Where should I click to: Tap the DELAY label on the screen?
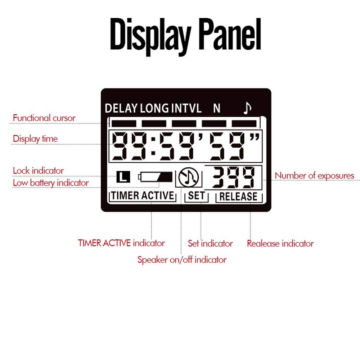(121, 108)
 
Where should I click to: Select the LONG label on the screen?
(154, 108)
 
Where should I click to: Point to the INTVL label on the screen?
(186, 108)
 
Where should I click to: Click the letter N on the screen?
(216, 108)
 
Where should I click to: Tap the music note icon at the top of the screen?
(247, 108)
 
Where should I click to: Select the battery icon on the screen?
(156, 176)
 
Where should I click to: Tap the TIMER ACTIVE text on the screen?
(142, 196)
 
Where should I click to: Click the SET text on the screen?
(196, 196)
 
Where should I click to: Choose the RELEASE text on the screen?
(238, 197)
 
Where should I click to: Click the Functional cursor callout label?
(44, 118)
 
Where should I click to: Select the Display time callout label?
(35, 139)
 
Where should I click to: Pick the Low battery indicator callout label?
(51, 183)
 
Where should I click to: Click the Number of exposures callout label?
(315, 176)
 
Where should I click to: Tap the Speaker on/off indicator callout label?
(182, 260)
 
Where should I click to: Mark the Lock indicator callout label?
(38, 170)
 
